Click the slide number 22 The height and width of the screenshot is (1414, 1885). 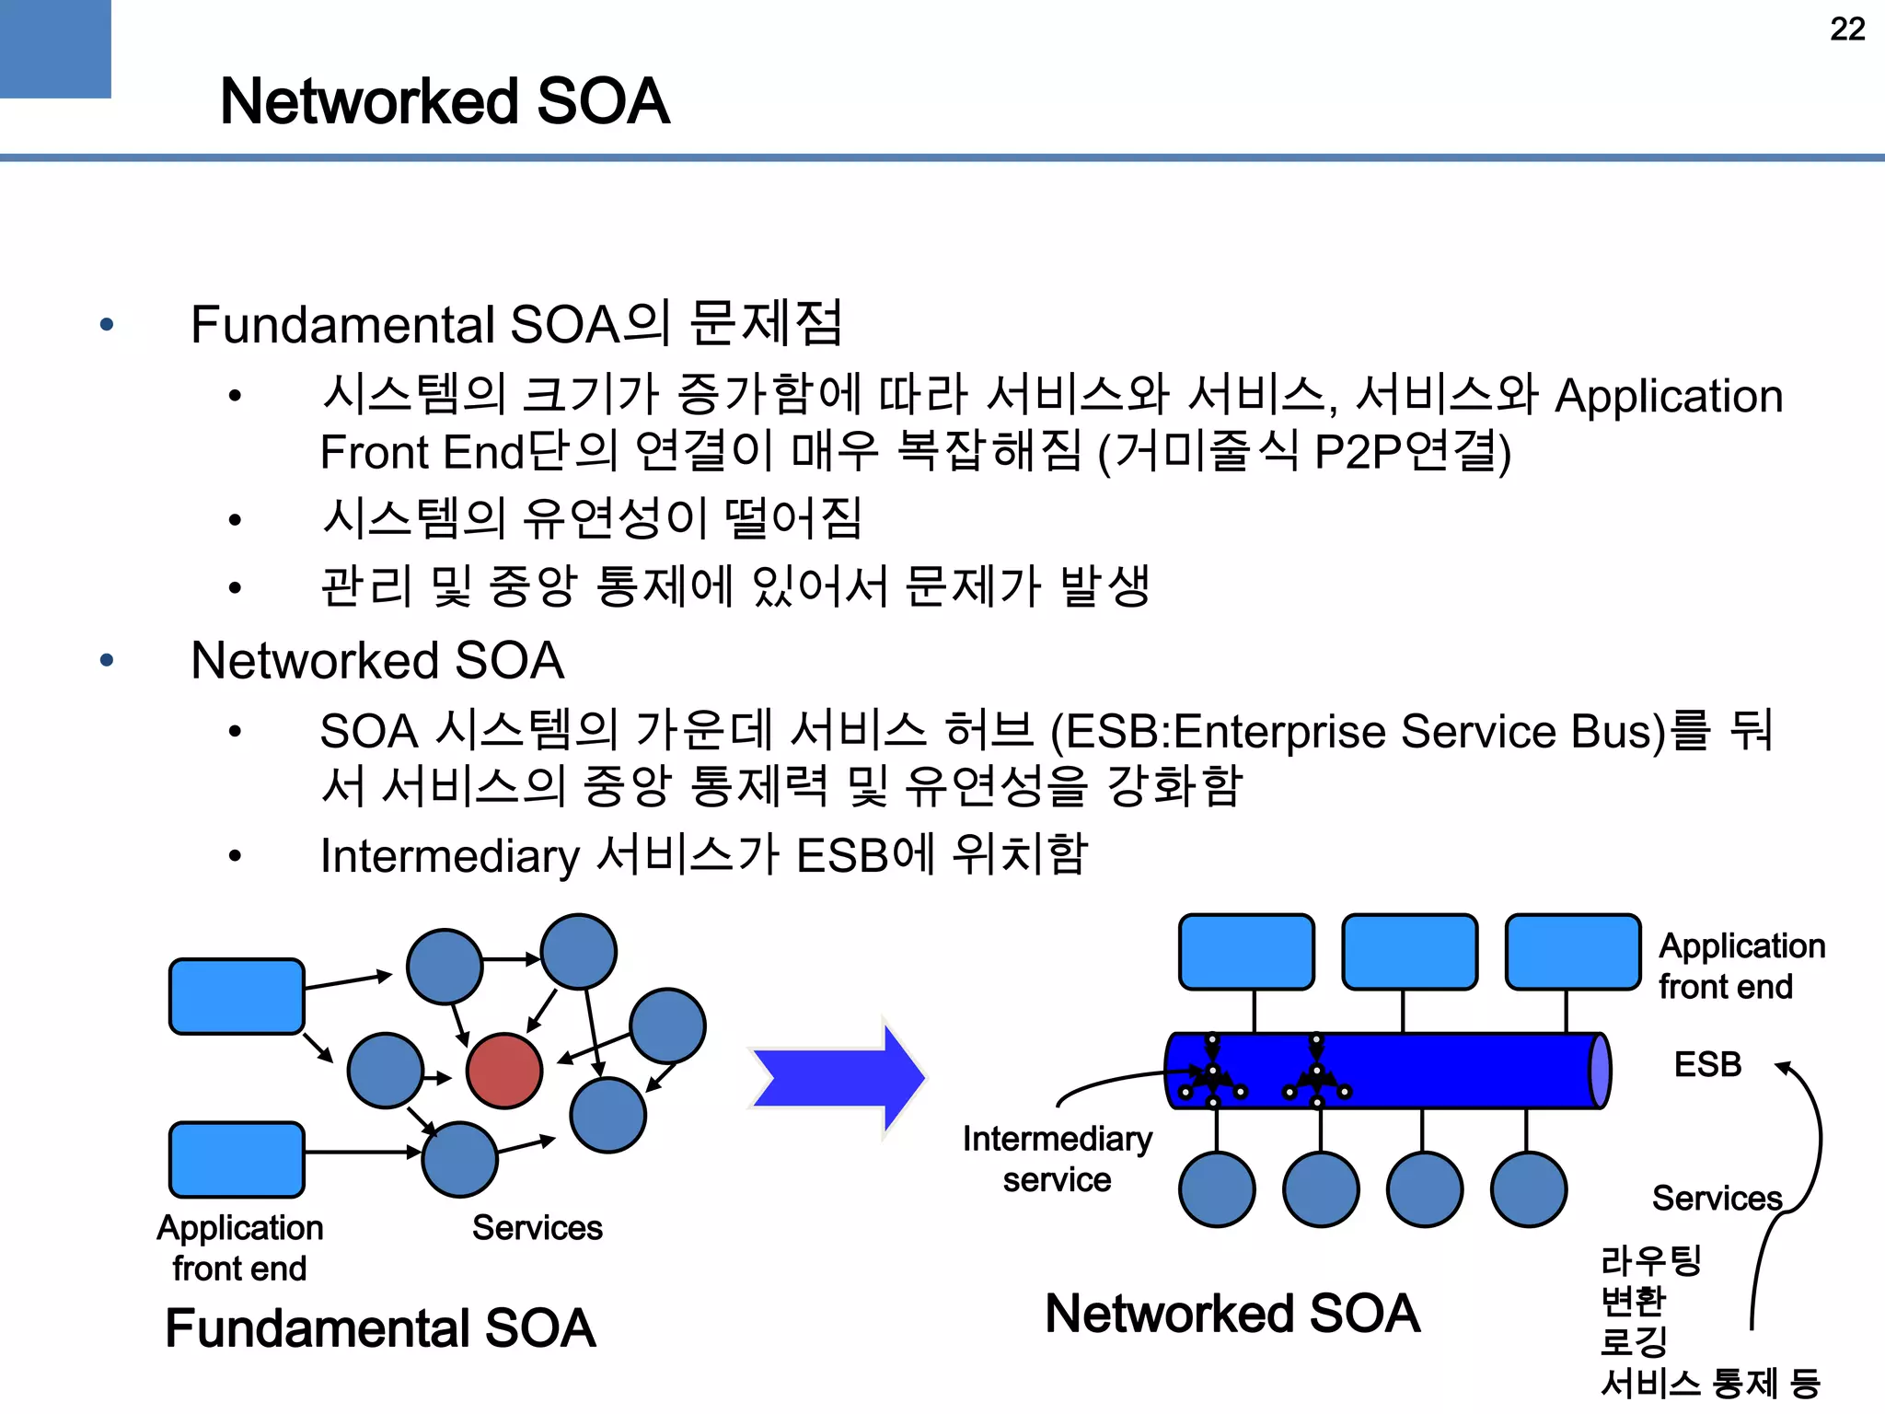coord(1846,29)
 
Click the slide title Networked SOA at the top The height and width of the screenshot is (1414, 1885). coord(445,101)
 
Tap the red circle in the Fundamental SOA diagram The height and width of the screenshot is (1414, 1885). coord(504,1071)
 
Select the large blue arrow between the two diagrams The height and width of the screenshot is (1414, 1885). coord(838,1077)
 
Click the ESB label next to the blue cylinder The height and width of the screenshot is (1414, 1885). coord(1707,1065)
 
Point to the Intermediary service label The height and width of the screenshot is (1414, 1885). coord(1057,1159)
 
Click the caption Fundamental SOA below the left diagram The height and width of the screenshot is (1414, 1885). coord(380,1328)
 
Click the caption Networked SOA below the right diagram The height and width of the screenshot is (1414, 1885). coord(1232,1314)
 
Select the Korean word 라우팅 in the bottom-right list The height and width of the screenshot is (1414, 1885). coord(1651,1259)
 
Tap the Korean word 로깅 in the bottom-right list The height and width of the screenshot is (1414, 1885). coord(1634,1340)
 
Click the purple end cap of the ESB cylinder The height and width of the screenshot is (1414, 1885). coord(1600,1071)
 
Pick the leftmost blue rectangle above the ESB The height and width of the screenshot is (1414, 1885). coord(1246,952)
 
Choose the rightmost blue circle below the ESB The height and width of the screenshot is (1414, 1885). coord(1529,1189)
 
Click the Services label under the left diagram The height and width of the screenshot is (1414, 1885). coord(537,1228)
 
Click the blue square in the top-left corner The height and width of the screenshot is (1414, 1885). coord(55,48)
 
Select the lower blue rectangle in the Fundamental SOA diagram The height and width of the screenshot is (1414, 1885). coord(237,1159)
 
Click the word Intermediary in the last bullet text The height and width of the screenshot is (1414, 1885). coord(449,856)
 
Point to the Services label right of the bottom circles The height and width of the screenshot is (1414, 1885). coord(1717,1199)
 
